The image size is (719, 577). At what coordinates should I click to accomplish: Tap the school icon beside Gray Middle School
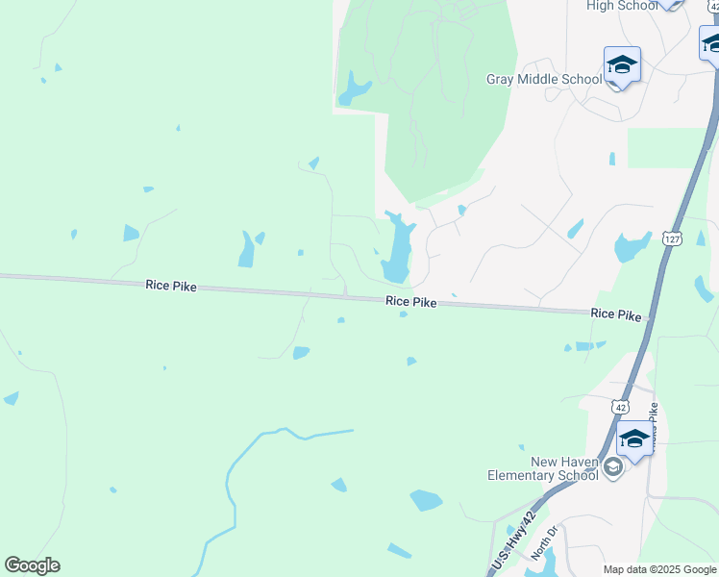click(622, 64)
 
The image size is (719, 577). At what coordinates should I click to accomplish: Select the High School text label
click(622, 6)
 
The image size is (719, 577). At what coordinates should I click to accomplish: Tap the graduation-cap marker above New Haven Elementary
click(633, 439)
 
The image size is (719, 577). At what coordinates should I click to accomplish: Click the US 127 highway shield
click(671, 238)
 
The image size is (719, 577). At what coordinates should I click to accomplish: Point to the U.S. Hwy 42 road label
click(511, 542)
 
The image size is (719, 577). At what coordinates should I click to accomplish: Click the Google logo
click(32, 565)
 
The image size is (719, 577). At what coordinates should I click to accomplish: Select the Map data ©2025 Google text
click(658, 569)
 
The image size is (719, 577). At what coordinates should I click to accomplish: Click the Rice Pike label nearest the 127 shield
click(616, 314)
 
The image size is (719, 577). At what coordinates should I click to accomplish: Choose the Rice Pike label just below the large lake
click(411, 302)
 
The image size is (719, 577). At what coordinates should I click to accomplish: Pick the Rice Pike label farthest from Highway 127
click(171, 286)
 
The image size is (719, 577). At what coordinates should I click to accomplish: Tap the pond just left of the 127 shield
click(631, 247)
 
